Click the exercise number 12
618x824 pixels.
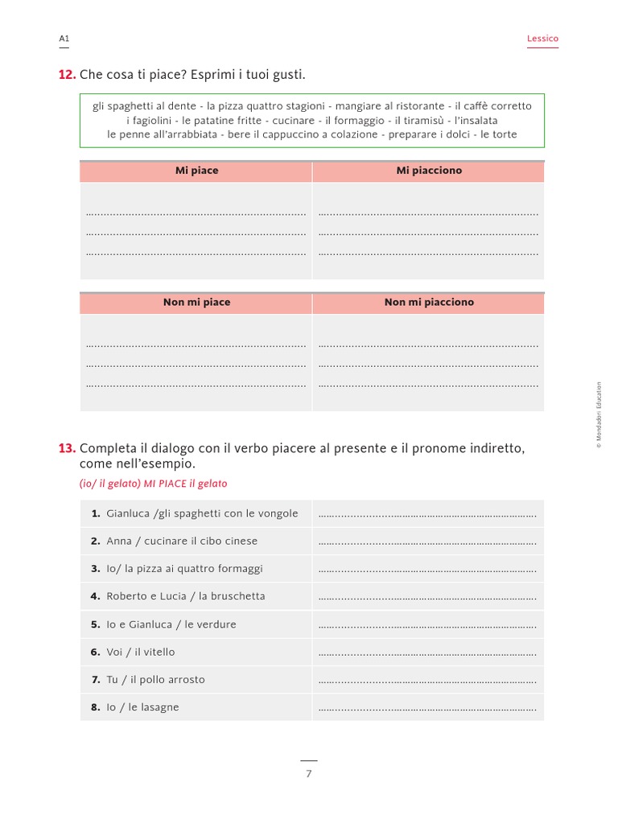pyautogui.click(x=67, y=75)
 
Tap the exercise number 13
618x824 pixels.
pyautogui.click(x=67, y=448)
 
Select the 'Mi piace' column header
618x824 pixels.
pyautogui.click(x=196, y=171)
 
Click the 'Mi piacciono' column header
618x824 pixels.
pyautogui.click(x=429, y=171)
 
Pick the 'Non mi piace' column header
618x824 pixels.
pyautogui.click(x=196, y=303)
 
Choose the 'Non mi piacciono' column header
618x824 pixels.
pyautogui.click(x=429, y=303)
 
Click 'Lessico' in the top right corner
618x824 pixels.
pyautogui.click(x=542, y=39)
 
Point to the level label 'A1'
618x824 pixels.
pyautogui.click(x=64, y=39)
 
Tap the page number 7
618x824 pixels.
pyautogui.click(x=308, y=774)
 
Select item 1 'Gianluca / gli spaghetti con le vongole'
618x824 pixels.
pyautogui.click(x=201, y=513)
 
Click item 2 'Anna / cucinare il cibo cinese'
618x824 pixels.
pyautogui.click(x=182, y=542)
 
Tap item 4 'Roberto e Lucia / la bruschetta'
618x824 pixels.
pyautogui.click(x=185, y=596)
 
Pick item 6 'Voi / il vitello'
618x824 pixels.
pyautogui.click(x=140, y=652)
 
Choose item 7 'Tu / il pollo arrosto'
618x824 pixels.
pyautogui.click(x=155, y=680)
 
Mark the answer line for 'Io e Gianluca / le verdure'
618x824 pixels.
pyautogui.click(x=427, y=626)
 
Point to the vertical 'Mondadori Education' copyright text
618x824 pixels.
pyautogui.click(x=599, y=415)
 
